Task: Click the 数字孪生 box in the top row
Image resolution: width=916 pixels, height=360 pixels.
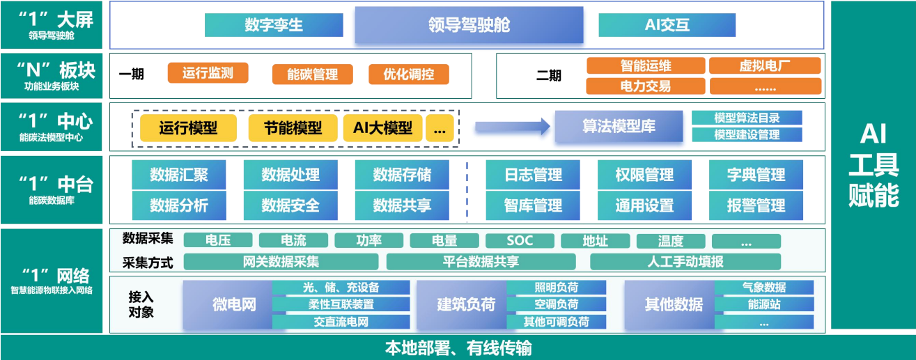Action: click(274, 25)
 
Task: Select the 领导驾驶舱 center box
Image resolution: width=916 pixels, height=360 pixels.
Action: click(469, 25)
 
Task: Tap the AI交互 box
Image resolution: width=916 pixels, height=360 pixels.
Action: click(667, 25)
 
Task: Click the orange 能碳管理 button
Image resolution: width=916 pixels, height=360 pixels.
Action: click(312, 75)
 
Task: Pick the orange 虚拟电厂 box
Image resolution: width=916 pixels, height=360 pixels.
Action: click(764, 65)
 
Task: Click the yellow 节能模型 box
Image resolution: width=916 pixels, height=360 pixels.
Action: click(293, 128)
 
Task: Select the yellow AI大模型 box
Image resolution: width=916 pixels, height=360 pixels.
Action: click(382, 128)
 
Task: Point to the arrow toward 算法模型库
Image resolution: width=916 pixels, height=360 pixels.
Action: click(513, 127)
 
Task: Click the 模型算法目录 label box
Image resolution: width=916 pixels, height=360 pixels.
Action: click(747, 118)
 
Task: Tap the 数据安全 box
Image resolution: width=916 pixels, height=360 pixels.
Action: click(290, 205)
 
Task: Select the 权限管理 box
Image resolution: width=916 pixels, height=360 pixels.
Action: click(644, 175)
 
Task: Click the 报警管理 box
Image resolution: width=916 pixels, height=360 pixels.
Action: click(756, 205)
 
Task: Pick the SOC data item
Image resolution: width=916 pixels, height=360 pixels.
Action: click(520, 241)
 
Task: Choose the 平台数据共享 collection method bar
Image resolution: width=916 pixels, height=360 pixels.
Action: click(481, 262)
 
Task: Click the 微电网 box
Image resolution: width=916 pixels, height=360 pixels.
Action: click(234, 305)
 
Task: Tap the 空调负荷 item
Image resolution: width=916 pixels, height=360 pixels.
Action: click(556, 305)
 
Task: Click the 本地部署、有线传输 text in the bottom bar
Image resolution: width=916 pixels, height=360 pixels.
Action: click(458, 347)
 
